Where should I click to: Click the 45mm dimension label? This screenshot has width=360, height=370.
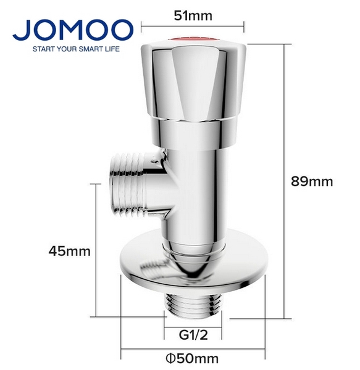click(x=70, y=251)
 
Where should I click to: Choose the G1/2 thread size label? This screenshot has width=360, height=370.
click(x=192, y=335)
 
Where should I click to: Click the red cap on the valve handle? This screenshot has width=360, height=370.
click(x=193, y=42)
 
